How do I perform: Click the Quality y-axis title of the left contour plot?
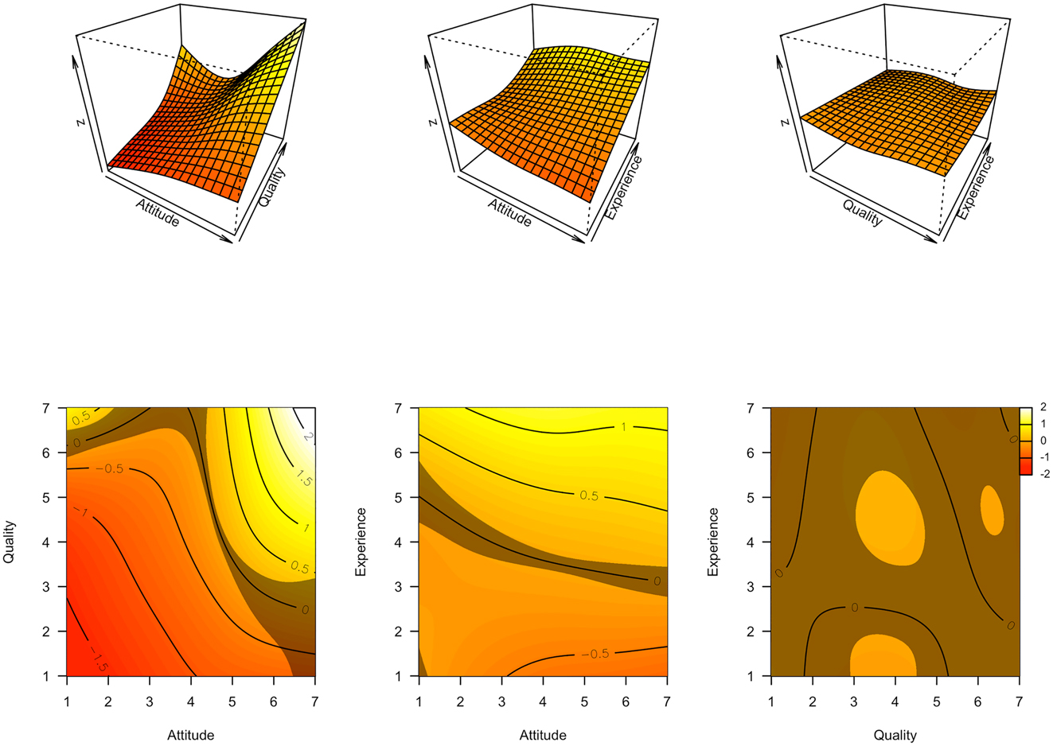pos(10,542)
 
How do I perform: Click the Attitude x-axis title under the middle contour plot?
pos(543,735)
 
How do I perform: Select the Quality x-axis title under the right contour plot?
pos(895,735)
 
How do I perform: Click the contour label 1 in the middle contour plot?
pos(623,427)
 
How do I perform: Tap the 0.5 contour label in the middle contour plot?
pos(588,495)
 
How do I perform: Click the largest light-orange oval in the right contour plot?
pos(890,518)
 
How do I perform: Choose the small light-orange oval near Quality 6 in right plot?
pos(991,510)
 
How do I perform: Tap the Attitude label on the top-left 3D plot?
pos(158,212)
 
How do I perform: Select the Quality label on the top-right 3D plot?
pos(863,212)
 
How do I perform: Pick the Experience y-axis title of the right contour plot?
pos(713,542)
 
